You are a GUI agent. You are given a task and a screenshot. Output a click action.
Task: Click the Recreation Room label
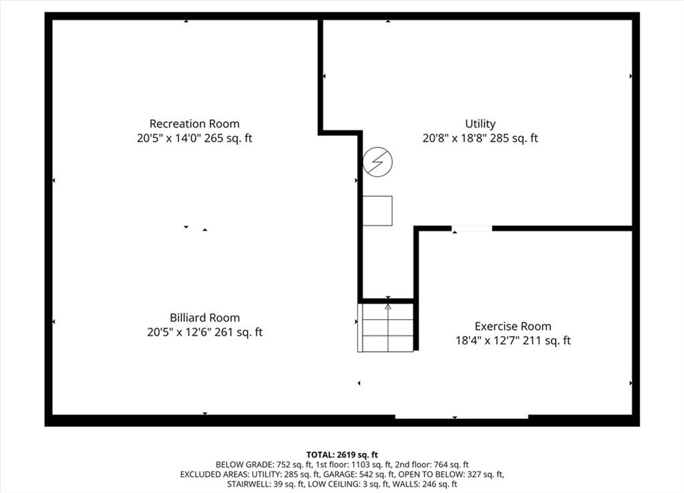point(194,124)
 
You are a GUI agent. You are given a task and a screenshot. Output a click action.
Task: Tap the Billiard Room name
point(204,317)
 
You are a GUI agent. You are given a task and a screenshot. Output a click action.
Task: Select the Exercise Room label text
point(513,327)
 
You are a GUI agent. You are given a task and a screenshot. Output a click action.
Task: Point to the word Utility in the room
point(480,124)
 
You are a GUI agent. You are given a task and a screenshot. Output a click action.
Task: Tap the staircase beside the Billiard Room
point(385,327)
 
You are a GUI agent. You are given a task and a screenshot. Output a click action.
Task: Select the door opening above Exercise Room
point(472,228)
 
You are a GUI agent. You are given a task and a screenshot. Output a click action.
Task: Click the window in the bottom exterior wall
point(462,417)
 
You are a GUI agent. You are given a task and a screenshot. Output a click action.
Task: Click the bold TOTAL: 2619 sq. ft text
point(342,455)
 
